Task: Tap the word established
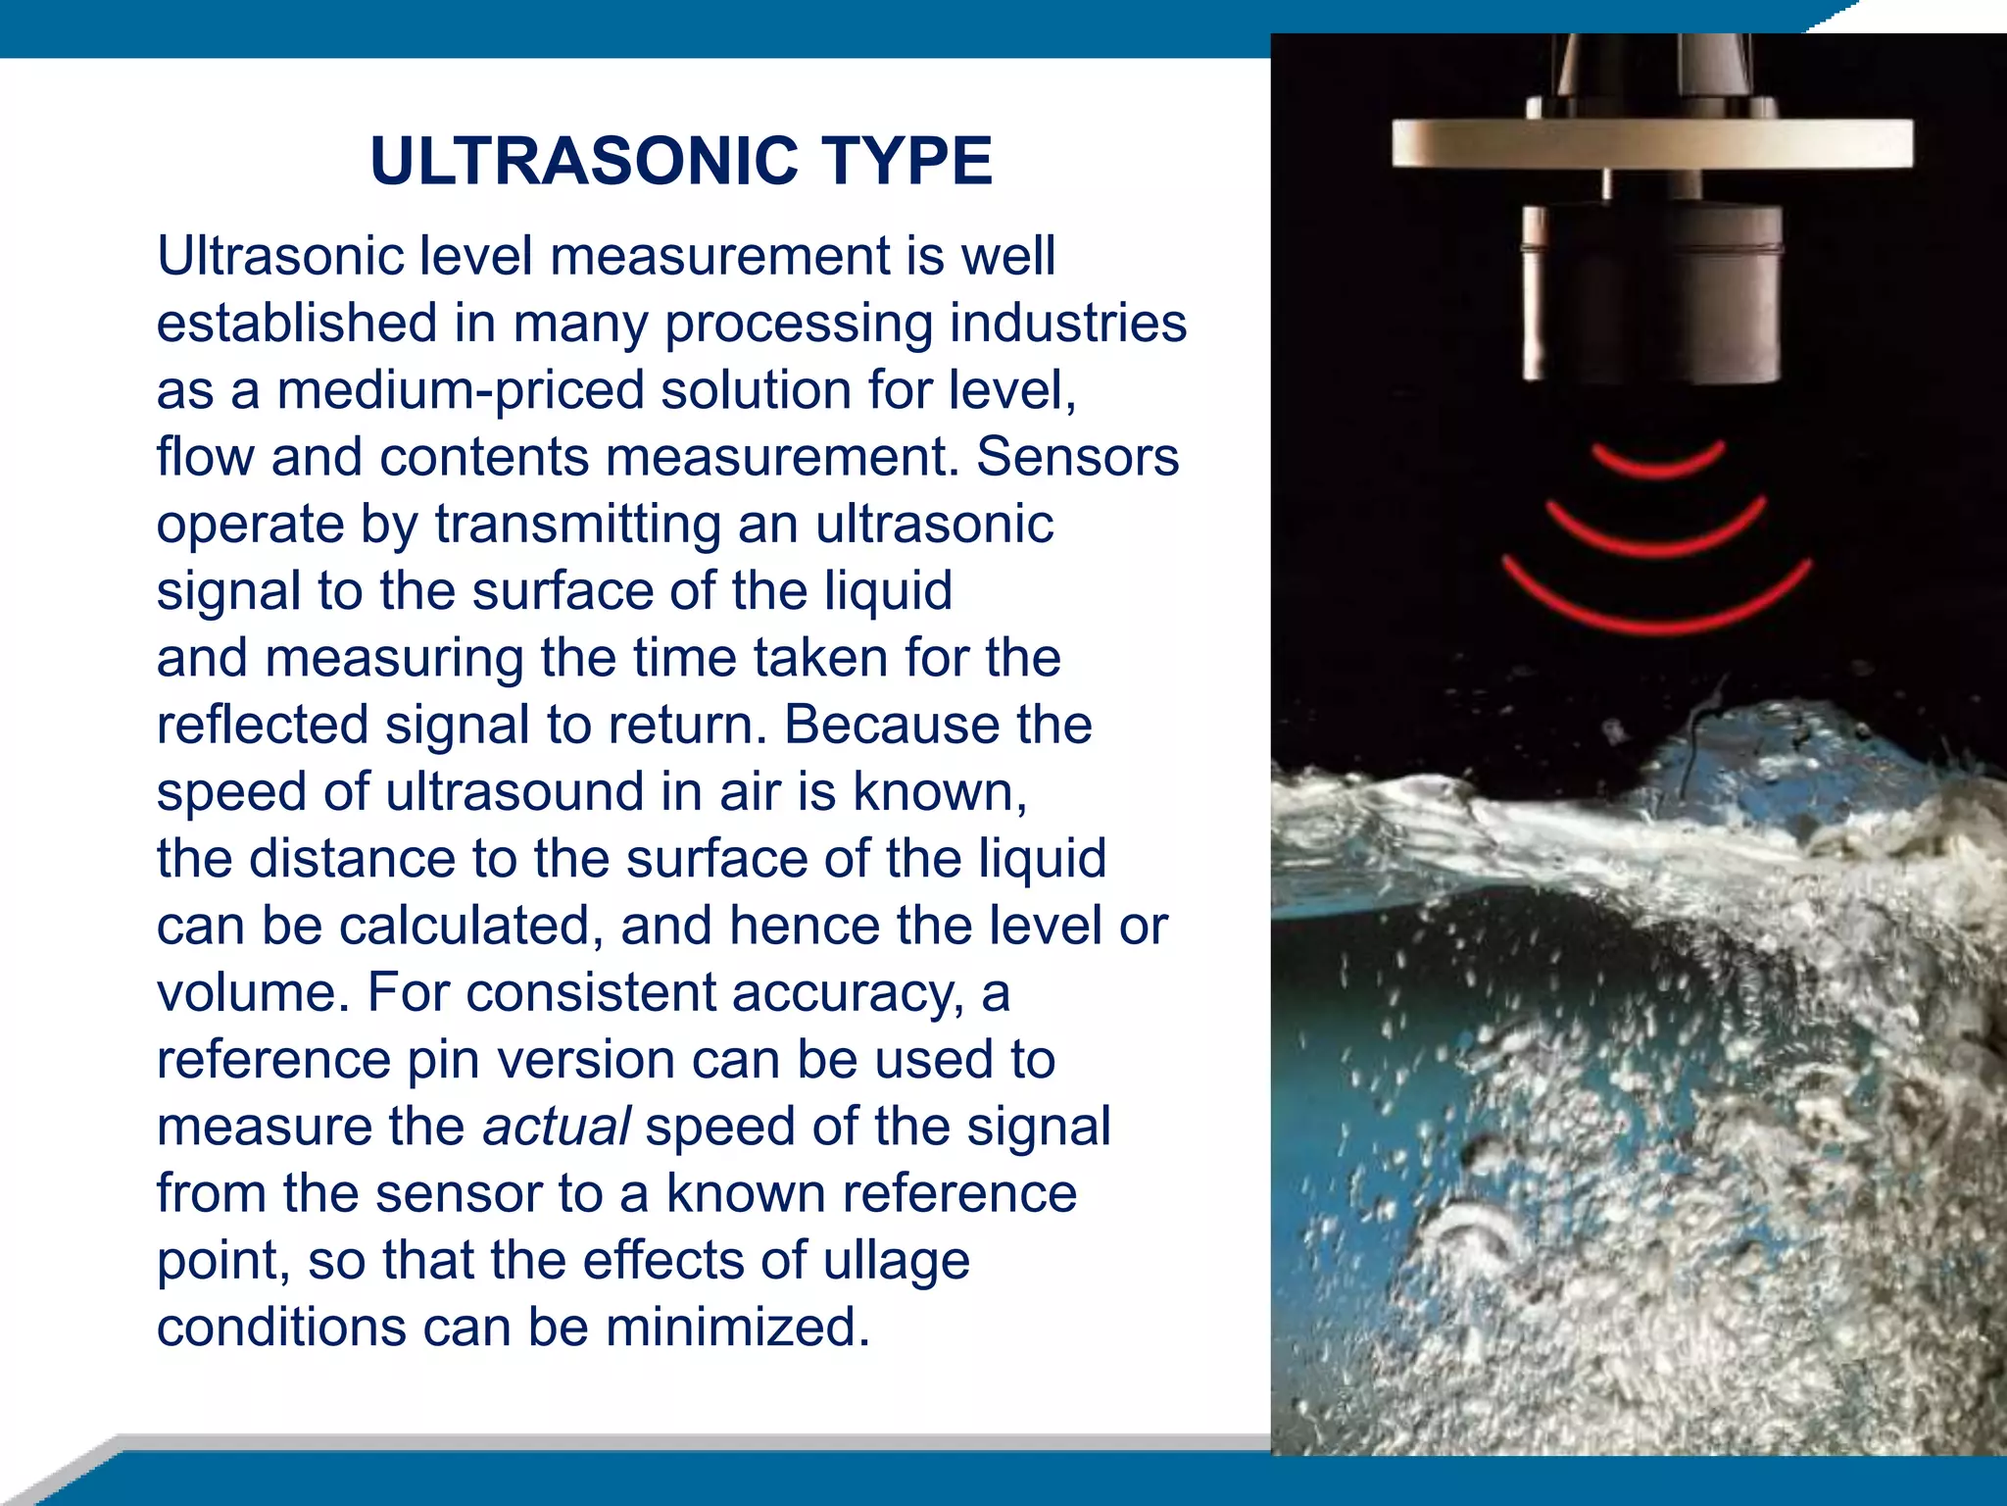pos(297,323)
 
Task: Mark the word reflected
pos(262,725)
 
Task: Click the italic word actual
pos(556,1127)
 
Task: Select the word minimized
pos(737,1328)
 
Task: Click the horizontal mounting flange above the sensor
pos(1651,143)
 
